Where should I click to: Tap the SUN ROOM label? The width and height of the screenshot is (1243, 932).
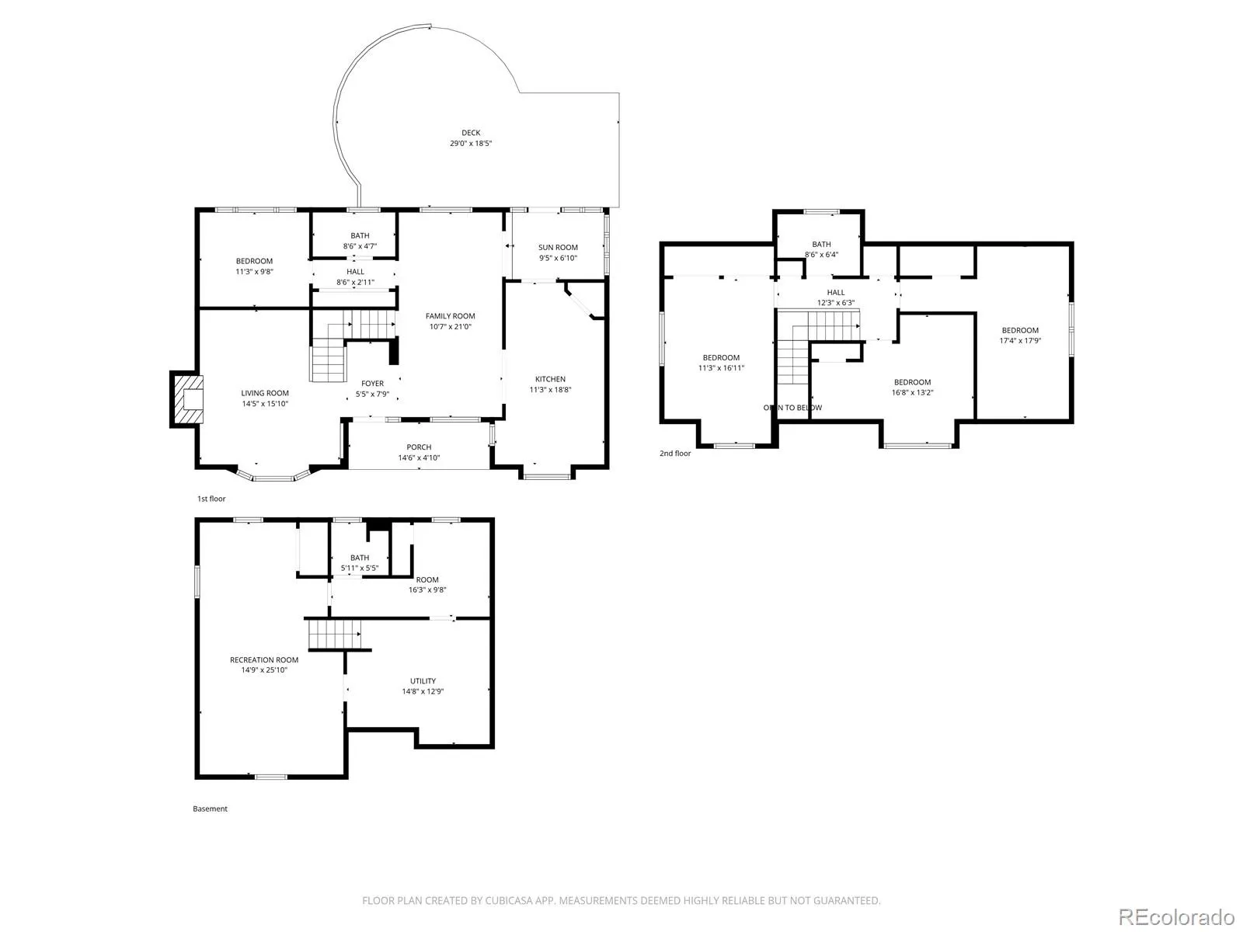[x=558, y=247]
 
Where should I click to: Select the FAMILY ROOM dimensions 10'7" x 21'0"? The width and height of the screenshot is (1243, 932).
[x=450, y=326]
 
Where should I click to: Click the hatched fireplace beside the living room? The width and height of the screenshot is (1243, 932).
[x=187, y=399]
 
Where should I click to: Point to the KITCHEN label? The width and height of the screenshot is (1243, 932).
[x=551, y=379]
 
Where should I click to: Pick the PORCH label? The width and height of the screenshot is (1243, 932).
[x=419, y=447]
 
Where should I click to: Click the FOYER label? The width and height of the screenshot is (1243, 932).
[x=373, y=384]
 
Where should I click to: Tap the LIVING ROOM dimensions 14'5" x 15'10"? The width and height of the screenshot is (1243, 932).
[x=265, y=403]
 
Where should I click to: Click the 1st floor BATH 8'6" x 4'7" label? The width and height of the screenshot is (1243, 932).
[x=360, y=241]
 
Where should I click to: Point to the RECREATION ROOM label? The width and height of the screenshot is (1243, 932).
[x=264, y=660]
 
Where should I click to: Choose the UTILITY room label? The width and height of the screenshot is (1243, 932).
[x=423, y=681]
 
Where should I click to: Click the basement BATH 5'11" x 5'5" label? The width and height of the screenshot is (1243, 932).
[x=360, y=562]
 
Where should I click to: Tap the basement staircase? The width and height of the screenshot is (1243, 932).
[x=335, y=635]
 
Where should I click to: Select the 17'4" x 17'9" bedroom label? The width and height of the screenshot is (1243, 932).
[x=1020, y=336]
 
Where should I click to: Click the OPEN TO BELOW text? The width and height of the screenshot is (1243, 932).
[x=792, y=408]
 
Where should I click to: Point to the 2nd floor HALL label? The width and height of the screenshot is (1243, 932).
[x=835, y=293]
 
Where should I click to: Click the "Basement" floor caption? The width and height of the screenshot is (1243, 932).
[x=210, y=809]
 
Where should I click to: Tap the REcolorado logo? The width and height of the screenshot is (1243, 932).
[x=1177, y=916]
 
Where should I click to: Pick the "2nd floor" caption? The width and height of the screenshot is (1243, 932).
[x=675, y=454]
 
